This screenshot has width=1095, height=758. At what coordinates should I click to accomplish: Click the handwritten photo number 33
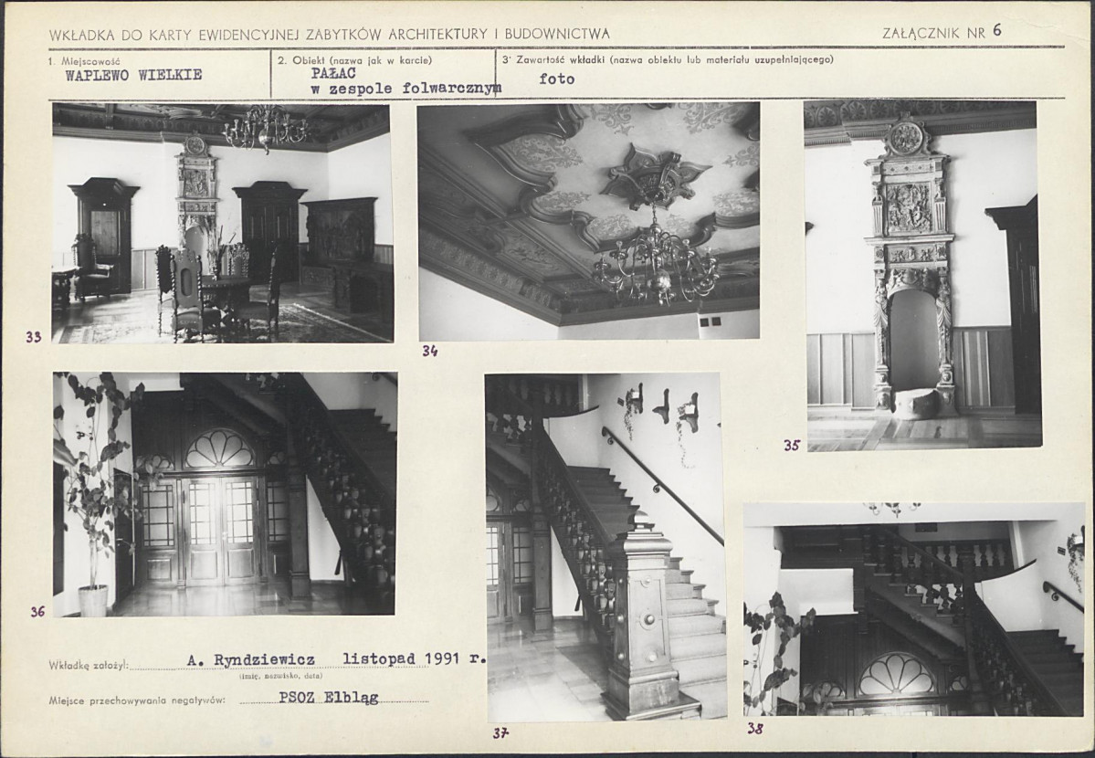coord(33,337)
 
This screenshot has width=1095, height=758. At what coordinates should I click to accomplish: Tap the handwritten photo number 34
coord(429,352)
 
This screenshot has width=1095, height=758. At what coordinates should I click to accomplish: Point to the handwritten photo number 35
coord(791,445)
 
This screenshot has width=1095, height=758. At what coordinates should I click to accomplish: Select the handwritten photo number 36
coord(37,612)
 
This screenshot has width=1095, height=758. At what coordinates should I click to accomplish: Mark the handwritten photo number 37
coord(500,732)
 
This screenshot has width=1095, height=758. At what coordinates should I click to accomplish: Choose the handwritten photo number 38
coord(755,729)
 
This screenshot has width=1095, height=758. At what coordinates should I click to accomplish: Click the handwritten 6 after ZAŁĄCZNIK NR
coord(996,30)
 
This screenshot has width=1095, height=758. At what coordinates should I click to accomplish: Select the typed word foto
coord(556,79)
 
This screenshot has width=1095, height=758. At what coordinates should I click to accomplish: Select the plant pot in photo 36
coord(93,601)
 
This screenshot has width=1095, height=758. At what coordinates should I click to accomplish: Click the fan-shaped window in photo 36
coord(219,447)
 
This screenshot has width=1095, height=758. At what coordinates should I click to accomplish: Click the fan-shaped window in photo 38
coord(897,674)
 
